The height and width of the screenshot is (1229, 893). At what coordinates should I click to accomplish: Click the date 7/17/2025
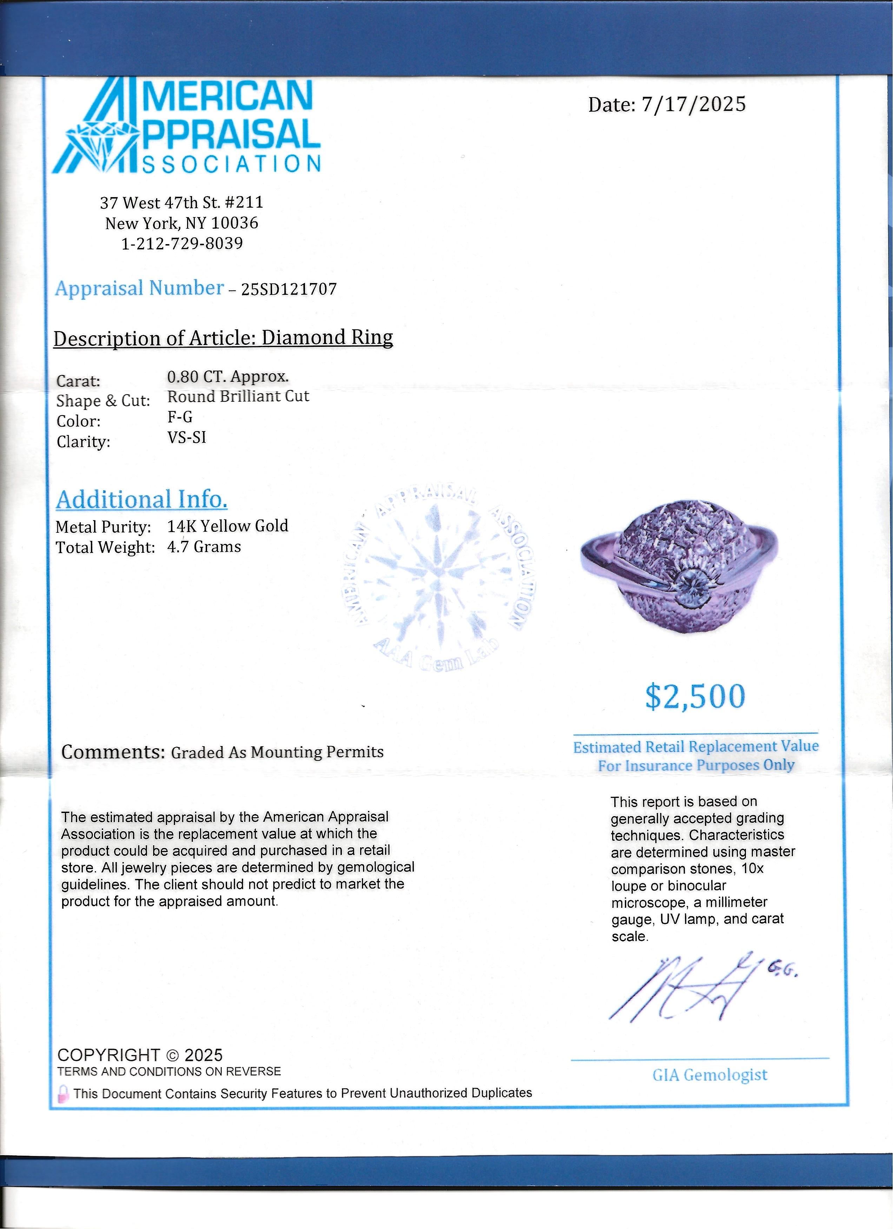pos(693,104)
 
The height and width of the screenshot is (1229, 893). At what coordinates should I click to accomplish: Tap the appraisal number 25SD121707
pos(289,289)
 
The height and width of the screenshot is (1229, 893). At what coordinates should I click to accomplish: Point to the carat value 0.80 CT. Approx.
pos(228,377)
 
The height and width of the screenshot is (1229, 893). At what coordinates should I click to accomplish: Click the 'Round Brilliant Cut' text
pos(238,397)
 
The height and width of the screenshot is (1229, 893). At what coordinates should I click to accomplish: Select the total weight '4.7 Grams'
pos(204,547)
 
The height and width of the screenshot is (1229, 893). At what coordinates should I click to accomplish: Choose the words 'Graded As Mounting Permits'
pos(277,752)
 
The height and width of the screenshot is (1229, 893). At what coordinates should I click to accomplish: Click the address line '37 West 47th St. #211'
pos(181,203)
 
